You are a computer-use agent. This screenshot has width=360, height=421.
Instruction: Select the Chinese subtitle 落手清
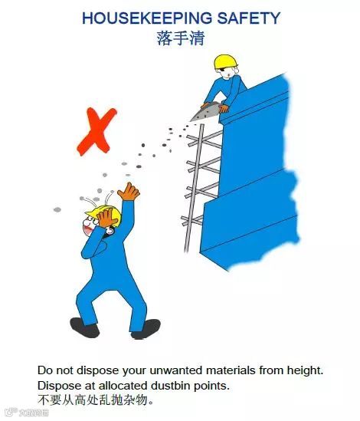click(x=180, y=38)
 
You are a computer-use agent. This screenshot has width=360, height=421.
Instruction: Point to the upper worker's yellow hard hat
click(x=224, y=61)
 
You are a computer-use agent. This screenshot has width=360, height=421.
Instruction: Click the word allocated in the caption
click(x=136, y=384)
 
